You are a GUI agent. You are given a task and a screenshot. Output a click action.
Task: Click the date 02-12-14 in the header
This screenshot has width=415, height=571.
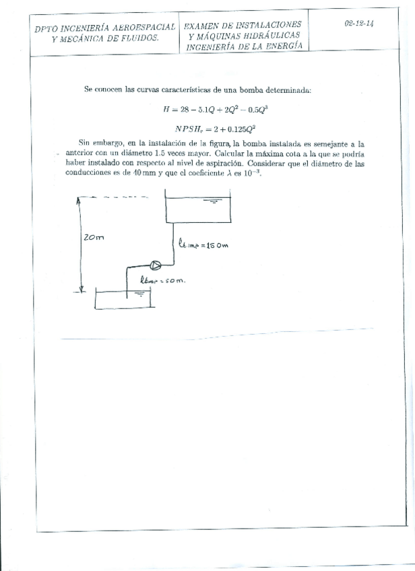point(359,23)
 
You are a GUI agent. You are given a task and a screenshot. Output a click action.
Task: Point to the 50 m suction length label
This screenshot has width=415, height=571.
point(162,279)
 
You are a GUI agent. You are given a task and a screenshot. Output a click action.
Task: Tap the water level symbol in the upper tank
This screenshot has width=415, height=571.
point(216,201)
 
